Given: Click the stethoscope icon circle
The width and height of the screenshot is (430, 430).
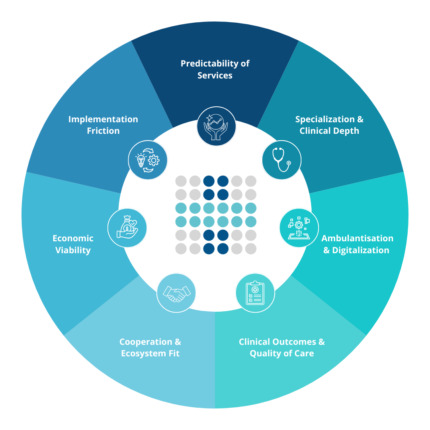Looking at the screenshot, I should [x=281, y=160].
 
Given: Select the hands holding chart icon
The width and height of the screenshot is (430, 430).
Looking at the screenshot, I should [x=217, y=126].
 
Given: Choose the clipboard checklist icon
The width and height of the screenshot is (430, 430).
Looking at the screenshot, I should [x=255, y=293].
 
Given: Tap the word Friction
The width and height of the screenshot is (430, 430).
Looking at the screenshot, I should [x=103, y=131].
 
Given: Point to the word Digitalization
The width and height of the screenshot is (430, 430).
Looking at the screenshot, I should [x=361, y=250].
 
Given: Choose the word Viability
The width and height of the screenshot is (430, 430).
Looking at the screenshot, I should [x=73, y=250].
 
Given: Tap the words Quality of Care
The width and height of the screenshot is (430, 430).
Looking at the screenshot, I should [x=281, y=354].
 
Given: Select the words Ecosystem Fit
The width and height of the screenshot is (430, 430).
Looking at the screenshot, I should [x=150, y=354].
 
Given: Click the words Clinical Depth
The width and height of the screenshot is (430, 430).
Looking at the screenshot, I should [x=329, y=131].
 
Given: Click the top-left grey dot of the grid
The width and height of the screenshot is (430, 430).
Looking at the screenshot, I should [x=181, y=181].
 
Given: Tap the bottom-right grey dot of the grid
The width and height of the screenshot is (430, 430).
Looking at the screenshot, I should [x=250, y=249].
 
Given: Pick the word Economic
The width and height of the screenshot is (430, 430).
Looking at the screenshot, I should [x=73, y=238].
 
